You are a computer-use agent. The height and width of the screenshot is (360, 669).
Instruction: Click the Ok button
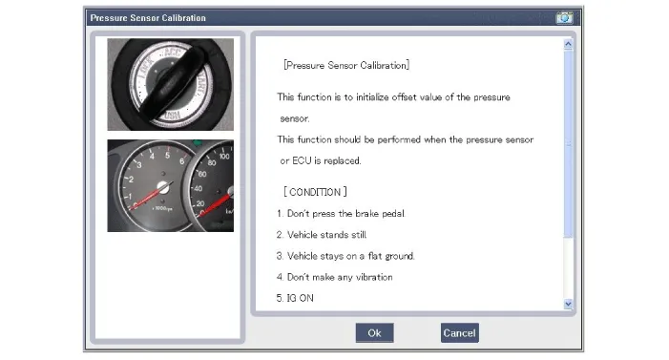point(375,332)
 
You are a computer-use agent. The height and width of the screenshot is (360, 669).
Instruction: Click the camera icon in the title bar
point(564,18)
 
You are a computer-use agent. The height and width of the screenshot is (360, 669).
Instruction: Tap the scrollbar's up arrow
point(568,45)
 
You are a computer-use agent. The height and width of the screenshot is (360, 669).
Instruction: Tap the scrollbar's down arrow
point(568,304)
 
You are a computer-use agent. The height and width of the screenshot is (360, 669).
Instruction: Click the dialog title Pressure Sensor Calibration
point(148,18)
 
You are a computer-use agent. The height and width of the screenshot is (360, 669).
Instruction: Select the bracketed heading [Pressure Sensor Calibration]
point(346,65)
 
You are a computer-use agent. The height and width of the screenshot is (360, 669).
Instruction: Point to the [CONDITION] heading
point(315,192)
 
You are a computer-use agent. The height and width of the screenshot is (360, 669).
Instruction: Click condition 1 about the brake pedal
point(341,214)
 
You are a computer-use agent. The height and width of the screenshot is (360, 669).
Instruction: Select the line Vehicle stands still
point(322,235)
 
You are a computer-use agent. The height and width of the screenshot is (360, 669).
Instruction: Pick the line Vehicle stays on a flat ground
point(345,256)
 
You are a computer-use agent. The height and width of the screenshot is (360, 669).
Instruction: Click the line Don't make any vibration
point(334,277)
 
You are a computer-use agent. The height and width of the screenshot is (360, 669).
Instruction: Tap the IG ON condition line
point(295,298)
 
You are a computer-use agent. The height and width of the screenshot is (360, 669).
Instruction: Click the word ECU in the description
point(302,161)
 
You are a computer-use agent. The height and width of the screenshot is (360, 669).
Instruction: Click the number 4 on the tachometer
point(152,157)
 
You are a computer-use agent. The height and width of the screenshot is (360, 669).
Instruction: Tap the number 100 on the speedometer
point(224,157)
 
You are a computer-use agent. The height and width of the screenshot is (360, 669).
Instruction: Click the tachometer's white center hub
point(163,187)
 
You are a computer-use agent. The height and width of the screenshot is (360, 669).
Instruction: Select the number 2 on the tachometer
point(131,180)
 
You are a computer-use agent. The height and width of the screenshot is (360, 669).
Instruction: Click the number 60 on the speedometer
point(201,174)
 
